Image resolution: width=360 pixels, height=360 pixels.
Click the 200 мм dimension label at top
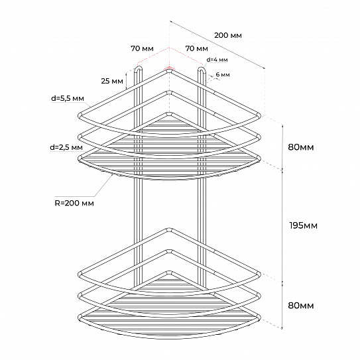(228, 35)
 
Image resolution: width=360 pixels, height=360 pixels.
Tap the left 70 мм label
(142, 48)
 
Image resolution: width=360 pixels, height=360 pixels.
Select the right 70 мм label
(196, 48)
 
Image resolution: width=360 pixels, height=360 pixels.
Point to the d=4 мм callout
(217, 60)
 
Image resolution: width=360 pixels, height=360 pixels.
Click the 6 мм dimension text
(223, 75)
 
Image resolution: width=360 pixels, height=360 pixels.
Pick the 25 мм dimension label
(112, 81)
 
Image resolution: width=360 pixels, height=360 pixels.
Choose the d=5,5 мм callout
(68, 99)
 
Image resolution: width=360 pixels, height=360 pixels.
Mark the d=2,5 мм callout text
(66, 147)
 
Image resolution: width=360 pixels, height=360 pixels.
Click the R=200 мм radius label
(74, 203)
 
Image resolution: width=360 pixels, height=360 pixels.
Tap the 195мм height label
(303, 225)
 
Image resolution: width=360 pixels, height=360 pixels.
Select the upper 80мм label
(301, 147)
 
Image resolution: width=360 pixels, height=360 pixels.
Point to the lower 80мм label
(301, 306)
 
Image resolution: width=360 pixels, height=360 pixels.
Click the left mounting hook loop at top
(138, 68)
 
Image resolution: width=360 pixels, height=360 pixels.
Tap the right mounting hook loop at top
(202, 68)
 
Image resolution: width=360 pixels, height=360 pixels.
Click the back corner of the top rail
(170, 70)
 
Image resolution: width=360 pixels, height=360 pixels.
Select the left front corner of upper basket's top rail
(80, 115)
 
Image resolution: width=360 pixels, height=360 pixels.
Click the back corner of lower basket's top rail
(170, 230)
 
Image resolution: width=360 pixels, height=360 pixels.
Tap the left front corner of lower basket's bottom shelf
(80, 318)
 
